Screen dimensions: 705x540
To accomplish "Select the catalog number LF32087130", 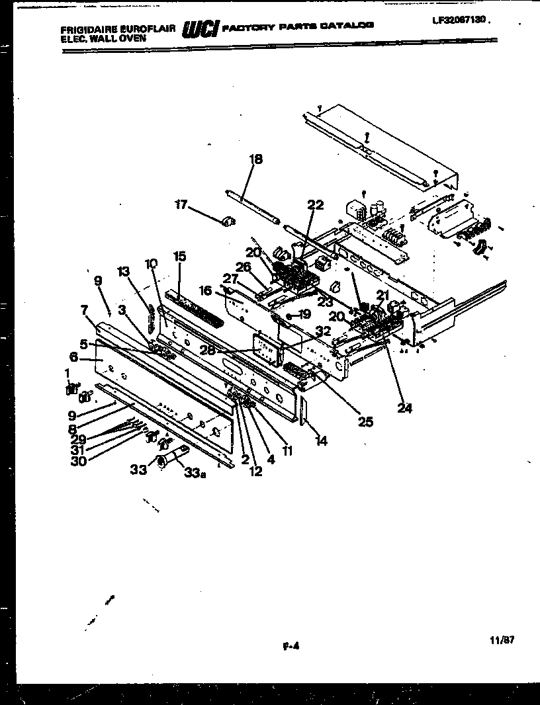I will click(x=461, y=21).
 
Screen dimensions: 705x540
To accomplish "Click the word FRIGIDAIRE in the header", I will click(x=85, y=30).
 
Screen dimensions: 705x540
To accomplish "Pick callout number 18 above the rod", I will click(x=255, y=159).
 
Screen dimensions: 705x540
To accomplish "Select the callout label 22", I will click(x=315, y=205).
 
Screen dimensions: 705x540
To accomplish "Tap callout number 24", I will click(x=404, y=408).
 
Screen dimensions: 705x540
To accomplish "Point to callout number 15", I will click(x=179, y=256).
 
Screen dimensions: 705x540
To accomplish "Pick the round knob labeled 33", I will click(x=161, y=461).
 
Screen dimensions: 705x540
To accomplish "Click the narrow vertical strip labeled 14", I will click(x=303, y=413).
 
